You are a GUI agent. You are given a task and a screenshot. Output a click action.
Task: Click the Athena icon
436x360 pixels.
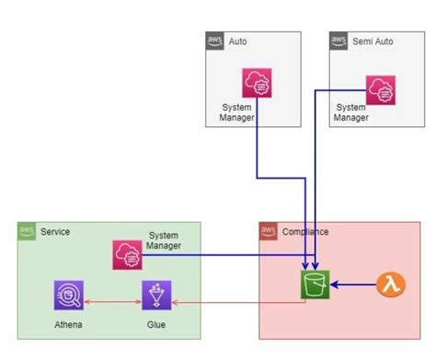click(69, 296)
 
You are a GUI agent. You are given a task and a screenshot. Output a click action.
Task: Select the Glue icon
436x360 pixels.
click(156, 296)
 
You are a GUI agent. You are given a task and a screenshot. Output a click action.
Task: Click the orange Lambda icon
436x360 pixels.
click(392, 285)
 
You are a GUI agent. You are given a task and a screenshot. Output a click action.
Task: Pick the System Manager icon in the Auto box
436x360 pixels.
click(255, 84)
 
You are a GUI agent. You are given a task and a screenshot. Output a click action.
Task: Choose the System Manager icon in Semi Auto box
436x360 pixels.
click(379, 88)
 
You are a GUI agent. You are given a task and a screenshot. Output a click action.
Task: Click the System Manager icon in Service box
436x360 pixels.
click(126, 254)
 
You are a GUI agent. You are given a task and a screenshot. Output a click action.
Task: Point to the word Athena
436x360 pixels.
click(69, 325)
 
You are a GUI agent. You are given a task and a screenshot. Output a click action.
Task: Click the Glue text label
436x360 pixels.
click(156, 325)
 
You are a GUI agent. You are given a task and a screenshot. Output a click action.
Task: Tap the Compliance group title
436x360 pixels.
click(304, 231)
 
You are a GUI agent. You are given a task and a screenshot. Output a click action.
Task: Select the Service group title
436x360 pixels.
click(55, 231)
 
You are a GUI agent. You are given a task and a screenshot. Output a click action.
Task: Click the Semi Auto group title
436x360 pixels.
click(372, 41)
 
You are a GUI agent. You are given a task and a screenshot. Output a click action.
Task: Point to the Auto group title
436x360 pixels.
click(237, 41)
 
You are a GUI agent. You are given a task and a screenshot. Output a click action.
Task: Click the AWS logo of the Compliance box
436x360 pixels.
click(269, 230)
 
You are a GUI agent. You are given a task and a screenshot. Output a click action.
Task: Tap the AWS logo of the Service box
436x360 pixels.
click(28, 230)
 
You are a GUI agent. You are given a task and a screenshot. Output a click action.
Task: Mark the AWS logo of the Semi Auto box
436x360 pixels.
click(339, 41)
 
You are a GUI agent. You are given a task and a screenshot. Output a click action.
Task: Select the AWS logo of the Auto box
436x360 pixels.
click(215, 41)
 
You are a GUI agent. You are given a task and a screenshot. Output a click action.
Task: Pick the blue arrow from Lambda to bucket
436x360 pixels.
click(354, 285)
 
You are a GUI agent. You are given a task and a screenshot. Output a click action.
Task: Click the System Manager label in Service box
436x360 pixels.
click(165, 240)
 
